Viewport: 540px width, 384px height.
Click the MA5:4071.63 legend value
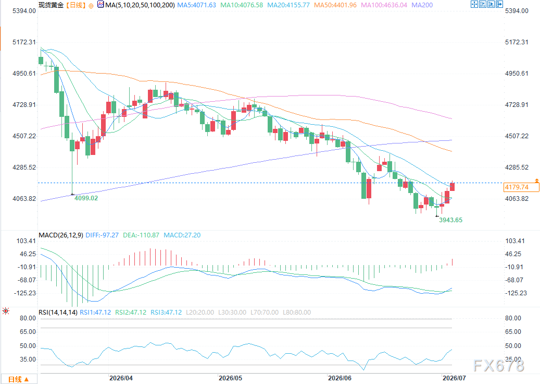coord(197,5)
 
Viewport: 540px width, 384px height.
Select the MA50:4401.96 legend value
coord(335,5)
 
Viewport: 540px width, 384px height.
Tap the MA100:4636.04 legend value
coord(384,5)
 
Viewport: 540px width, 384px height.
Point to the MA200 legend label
coord(422,5)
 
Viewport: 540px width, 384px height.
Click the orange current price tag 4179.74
coord(521,187)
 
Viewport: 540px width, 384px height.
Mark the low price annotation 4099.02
coord(86,198)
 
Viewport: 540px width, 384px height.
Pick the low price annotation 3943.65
coord(451,220)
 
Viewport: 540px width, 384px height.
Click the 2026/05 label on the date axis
coord(230,378)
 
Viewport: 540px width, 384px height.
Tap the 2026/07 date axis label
coord(454,378)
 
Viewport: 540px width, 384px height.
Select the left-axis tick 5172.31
coord(24,42)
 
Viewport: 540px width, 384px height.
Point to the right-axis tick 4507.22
coord(517,136)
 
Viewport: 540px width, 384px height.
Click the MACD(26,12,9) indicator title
coord(61,235)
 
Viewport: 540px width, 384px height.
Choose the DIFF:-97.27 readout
coord(102,235)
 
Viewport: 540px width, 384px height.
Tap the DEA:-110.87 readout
coord(141,235)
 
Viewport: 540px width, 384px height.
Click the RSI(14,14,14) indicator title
coord(58,313)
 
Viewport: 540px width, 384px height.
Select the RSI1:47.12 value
coord(95,313)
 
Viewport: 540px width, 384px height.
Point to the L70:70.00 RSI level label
coord(265,313)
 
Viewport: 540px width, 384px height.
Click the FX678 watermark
coord(499,366)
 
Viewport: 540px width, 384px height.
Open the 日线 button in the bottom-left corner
coord(18,379)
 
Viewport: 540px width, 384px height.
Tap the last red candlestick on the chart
coord(453,186)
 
